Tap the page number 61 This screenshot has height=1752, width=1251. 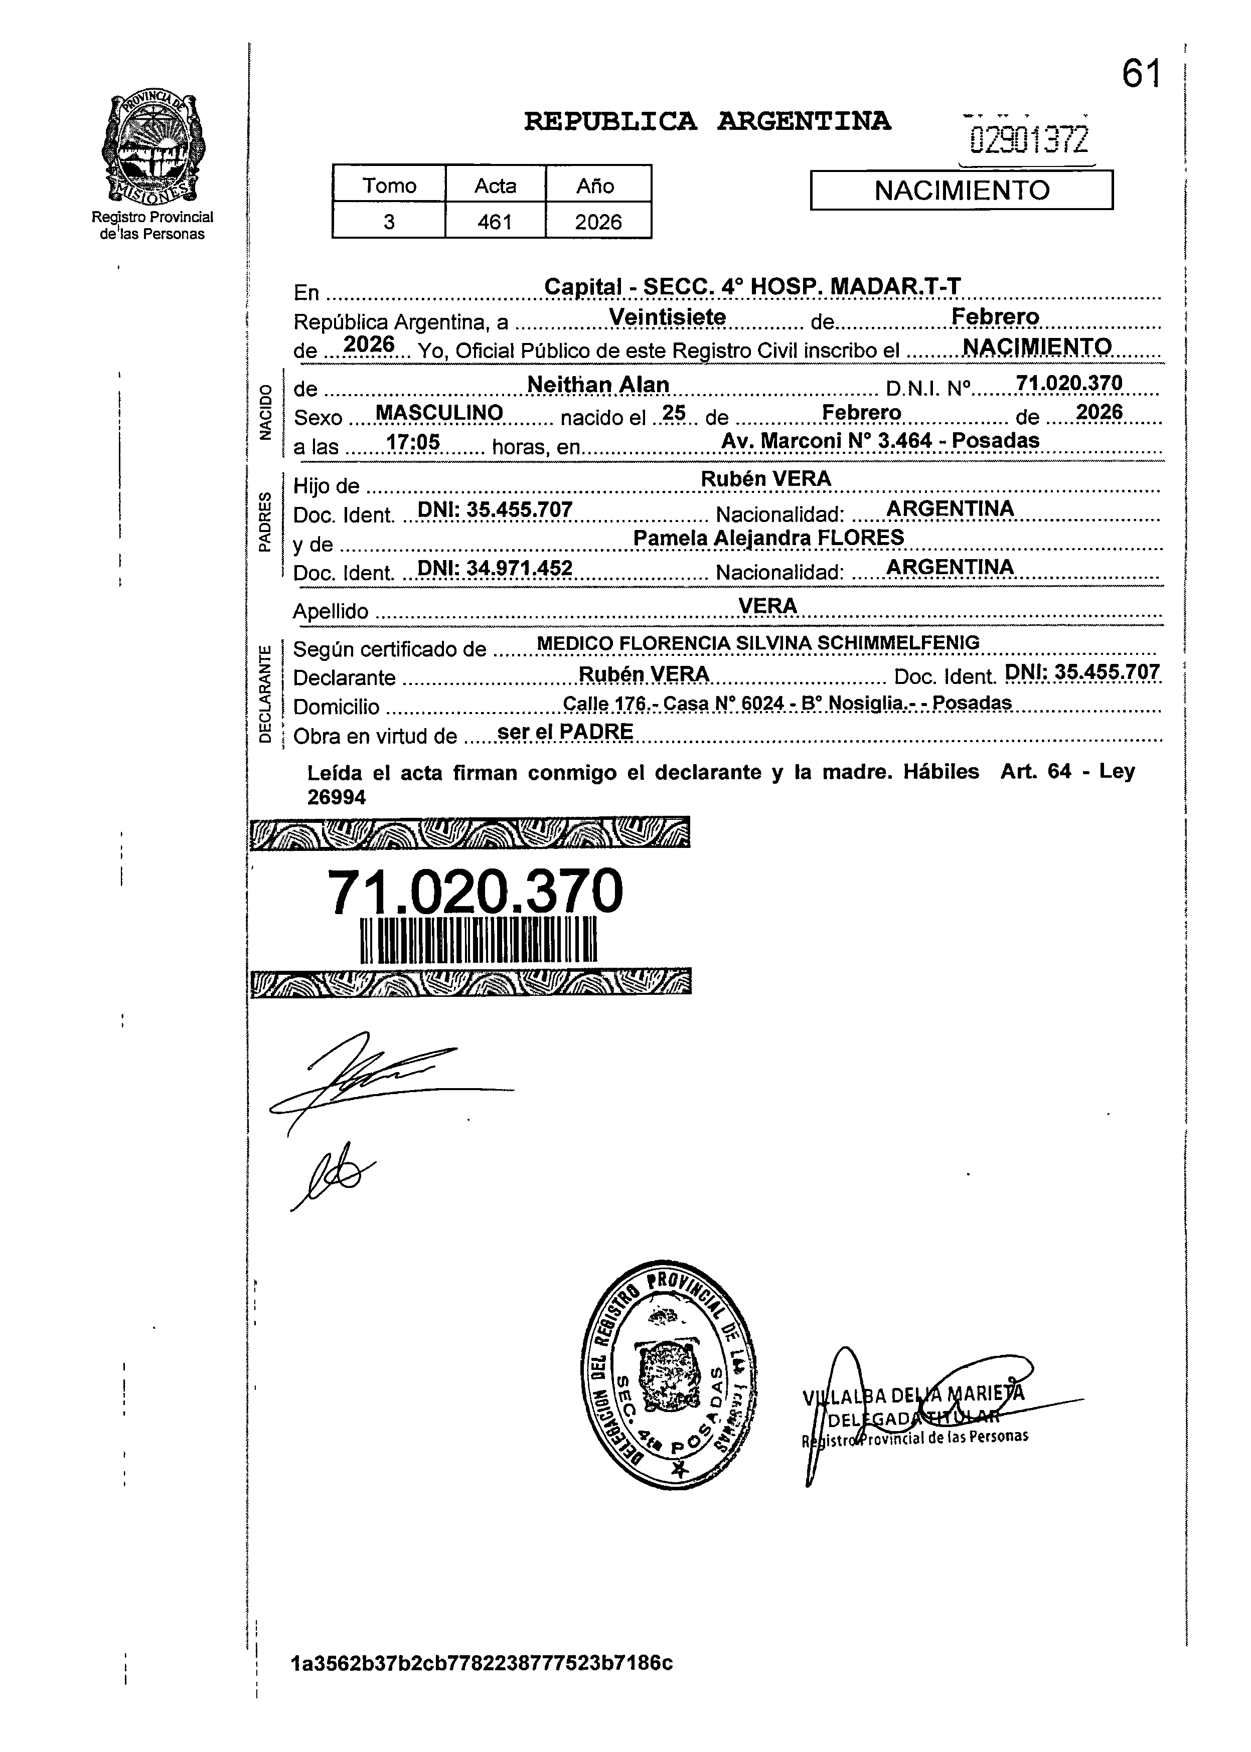1140,75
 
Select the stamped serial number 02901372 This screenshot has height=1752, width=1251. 1029,140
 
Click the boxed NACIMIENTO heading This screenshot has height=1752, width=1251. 962,190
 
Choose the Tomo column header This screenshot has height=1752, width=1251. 389,186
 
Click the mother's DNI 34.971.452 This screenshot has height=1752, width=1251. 495,568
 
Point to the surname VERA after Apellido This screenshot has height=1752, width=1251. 767,606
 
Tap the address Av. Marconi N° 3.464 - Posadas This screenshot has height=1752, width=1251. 880,441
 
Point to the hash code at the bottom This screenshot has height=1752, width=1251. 482,1684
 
